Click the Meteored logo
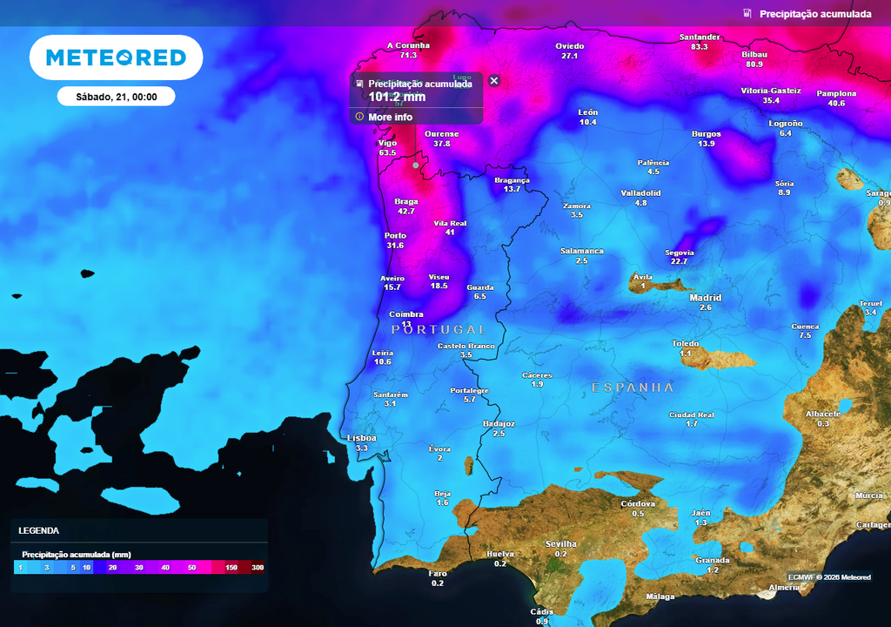click(x=116, y=57)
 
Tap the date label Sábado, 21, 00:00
click(x=116, y=97)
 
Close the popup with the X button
click(x=494, y=81)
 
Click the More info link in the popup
click(x=390, y=117)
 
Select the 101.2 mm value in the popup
click(x=398, y=97)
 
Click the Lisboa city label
click(x=361, y=438)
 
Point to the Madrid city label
click(x=705, y=298)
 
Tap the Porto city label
click(x=395, y=236)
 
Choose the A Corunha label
click(x=408, y=45)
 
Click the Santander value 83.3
click(x=699, y=47)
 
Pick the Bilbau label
click(x=754, y=54)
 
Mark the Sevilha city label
click(x=560, y=543)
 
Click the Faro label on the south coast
click(x=437, y=573)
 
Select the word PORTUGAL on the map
click(x=439, y=330)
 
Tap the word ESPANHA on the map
click(x=633, y=387)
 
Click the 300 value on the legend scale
click(x=258, y=568)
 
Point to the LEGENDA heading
click(x=39, y=530)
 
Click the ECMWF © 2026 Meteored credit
click(x=830, y=577)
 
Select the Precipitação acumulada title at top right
click(x=814, y=14)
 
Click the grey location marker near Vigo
click(x=416, y=165)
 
